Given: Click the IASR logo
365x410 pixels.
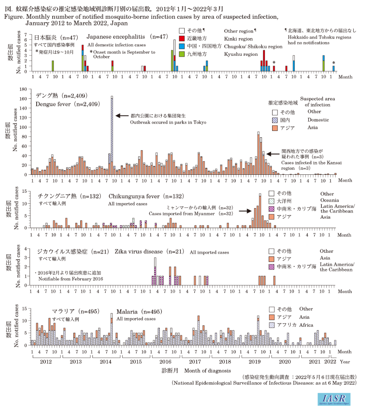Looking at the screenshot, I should (x=334, y=399).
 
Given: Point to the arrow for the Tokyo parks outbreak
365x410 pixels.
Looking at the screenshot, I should (x=122, y=116).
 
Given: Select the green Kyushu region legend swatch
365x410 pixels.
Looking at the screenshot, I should (x=182, y=54).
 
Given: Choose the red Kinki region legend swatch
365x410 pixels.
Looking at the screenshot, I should (x=182, y=39).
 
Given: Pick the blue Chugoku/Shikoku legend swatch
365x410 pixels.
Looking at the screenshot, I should (x=182, y=47).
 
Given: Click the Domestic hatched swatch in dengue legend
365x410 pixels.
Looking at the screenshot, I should (x=274, y=120).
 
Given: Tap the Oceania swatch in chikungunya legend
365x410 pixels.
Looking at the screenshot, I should (x=271, y=201).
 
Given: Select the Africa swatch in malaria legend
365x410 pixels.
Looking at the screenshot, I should (x=272, y=325).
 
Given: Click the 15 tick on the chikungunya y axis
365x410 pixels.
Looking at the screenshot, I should (x=25, y=191).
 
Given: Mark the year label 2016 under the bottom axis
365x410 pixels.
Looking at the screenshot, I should (x=165, y=361).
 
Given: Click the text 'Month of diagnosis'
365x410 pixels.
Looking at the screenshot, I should (x=207, y=371).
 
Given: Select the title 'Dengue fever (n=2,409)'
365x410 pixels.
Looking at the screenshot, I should (x=68, y=104).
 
